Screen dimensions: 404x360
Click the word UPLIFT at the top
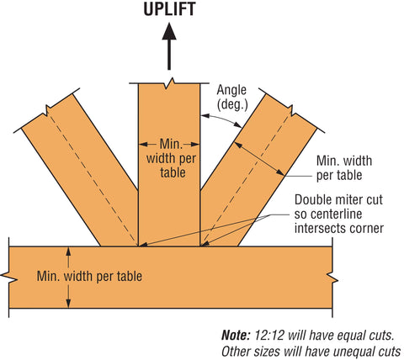[x=169, y=8]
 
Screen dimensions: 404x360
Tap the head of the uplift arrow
[x=169, y=31]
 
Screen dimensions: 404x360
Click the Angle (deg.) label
[x=232, y=98]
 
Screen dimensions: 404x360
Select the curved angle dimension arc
[x=222, y=119]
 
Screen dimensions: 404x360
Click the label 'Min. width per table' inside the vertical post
[x=171, y=158]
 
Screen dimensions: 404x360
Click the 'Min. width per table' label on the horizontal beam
[x=89, y=276]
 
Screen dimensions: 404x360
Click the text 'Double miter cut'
[x=338, y=200]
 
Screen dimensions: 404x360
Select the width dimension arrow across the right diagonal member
[x=259, y=159]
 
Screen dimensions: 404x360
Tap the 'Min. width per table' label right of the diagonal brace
[x=344, y=168]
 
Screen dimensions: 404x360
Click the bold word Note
[x=236, y=335]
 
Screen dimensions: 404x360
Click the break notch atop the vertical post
[x=169, y=83]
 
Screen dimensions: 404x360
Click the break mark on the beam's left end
[x=9, y=278]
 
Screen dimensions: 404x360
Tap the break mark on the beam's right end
[x=332, y=278]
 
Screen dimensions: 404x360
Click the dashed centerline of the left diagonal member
[x=93, y=178]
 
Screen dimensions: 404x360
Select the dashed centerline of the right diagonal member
[x=246, y=179]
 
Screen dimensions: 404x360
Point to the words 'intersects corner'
[x=339, y=228]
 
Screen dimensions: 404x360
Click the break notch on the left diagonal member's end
[x=47, y=110]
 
